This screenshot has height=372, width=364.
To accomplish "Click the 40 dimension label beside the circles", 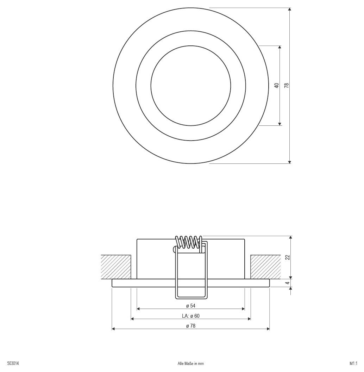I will pyautogui.click(x=277, y=85).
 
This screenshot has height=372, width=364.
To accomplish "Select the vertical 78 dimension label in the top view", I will pyautogui.click(x=287, y=85).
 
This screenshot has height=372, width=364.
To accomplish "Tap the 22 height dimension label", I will pyautogui.click(x=287, y=257).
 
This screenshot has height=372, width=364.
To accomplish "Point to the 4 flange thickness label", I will pyautogui.click(x=287, y=283).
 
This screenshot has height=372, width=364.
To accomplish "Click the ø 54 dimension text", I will pyautogui.click(x=190, y=306).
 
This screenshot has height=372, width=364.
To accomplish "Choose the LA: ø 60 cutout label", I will pyautogui.click(x=190, y=316).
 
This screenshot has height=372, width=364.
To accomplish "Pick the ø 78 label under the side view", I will pyautogui.click(x=190, y=326).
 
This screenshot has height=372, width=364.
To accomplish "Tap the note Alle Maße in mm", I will pyautogui.click(x=191, y=364).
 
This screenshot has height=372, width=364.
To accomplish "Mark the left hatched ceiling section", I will pyautogui.click(x=116, y=267).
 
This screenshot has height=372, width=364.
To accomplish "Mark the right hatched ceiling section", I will pyautogui.click(x=265, y=267).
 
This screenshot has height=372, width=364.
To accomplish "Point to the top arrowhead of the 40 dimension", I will pyautogui.click(x=280, y=47).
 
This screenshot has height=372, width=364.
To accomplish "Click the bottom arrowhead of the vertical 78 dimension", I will pyautogui.click(x=289, y=162).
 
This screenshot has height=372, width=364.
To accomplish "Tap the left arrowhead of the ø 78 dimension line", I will pyautogui.click(x=113, y=329).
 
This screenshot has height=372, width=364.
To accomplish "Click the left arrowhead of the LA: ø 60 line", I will pyautogui.click(x=133, y=319).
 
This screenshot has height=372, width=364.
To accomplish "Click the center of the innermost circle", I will pyautogui.click(x=191, y=85).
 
